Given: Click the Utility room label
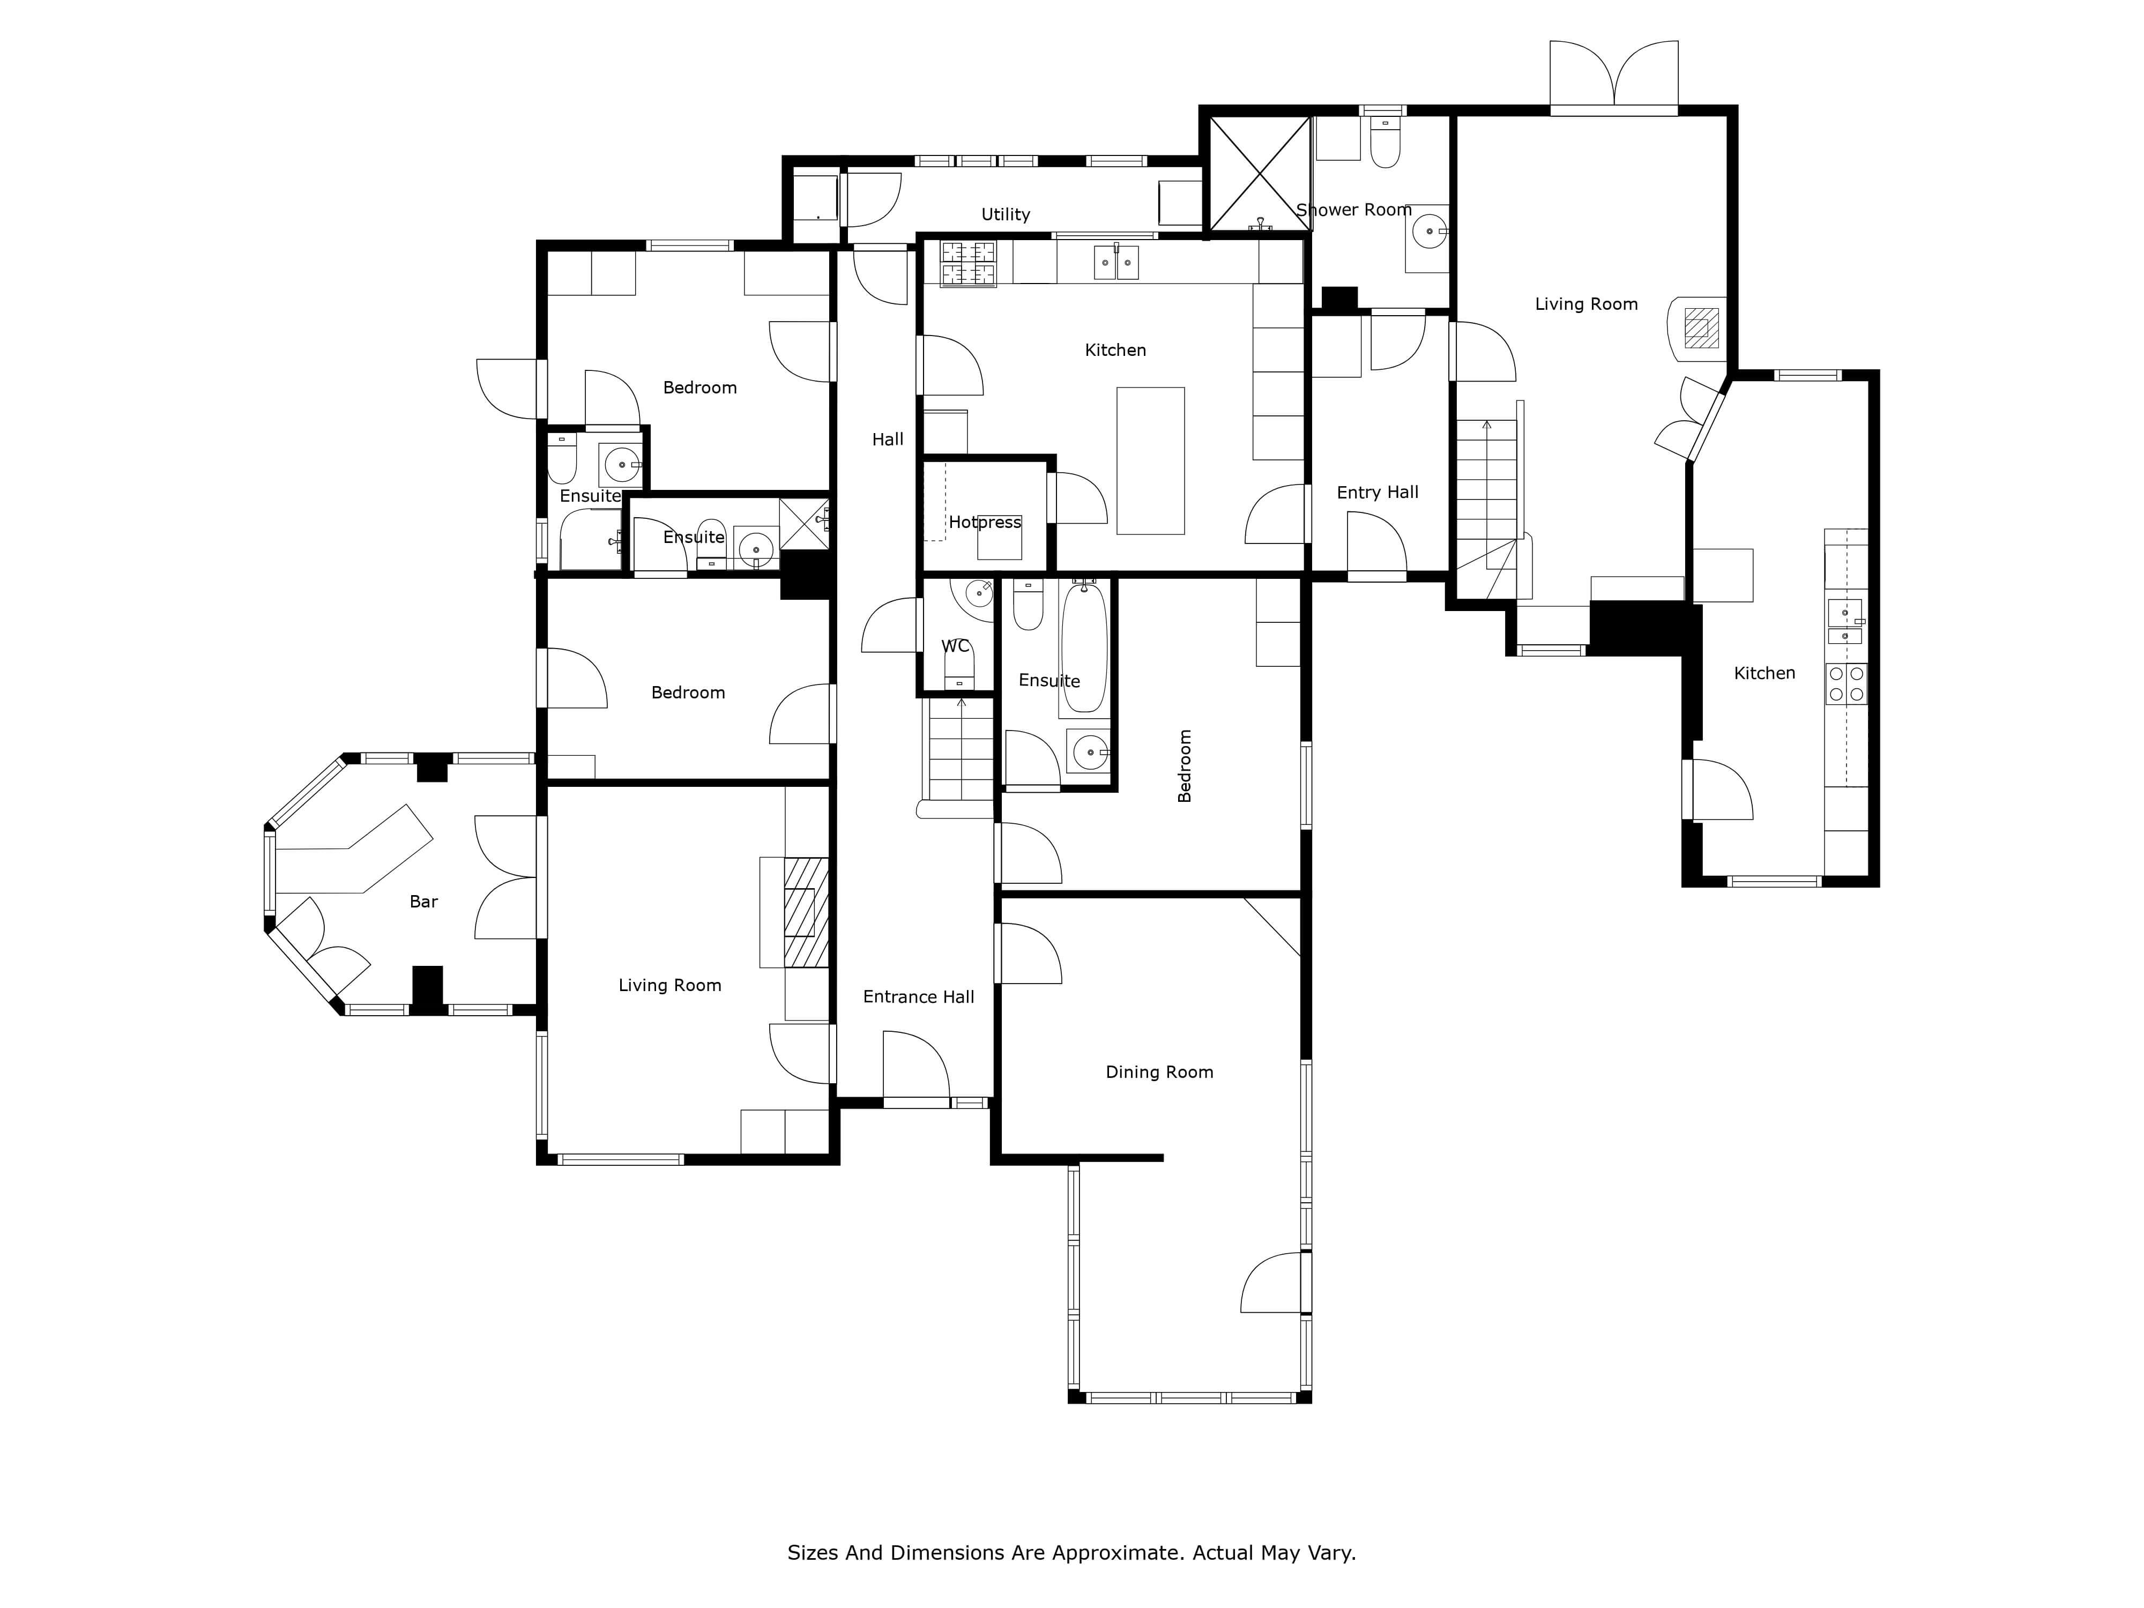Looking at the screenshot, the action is [1005, 214].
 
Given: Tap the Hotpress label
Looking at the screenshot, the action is [985, 523].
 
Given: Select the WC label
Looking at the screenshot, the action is [956, 645].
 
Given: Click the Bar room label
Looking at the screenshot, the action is [423, 902].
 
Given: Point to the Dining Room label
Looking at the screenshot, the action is [1159, 1072].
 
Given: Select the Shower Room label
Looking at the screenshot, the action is [1354, 210].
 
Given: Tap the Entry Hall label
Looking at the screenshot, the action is [1378, 493].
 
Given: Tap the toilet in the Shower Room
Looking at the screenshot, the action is [1385, 142].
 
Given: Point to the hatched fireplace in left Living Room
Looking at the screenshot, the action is [807, 912].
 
